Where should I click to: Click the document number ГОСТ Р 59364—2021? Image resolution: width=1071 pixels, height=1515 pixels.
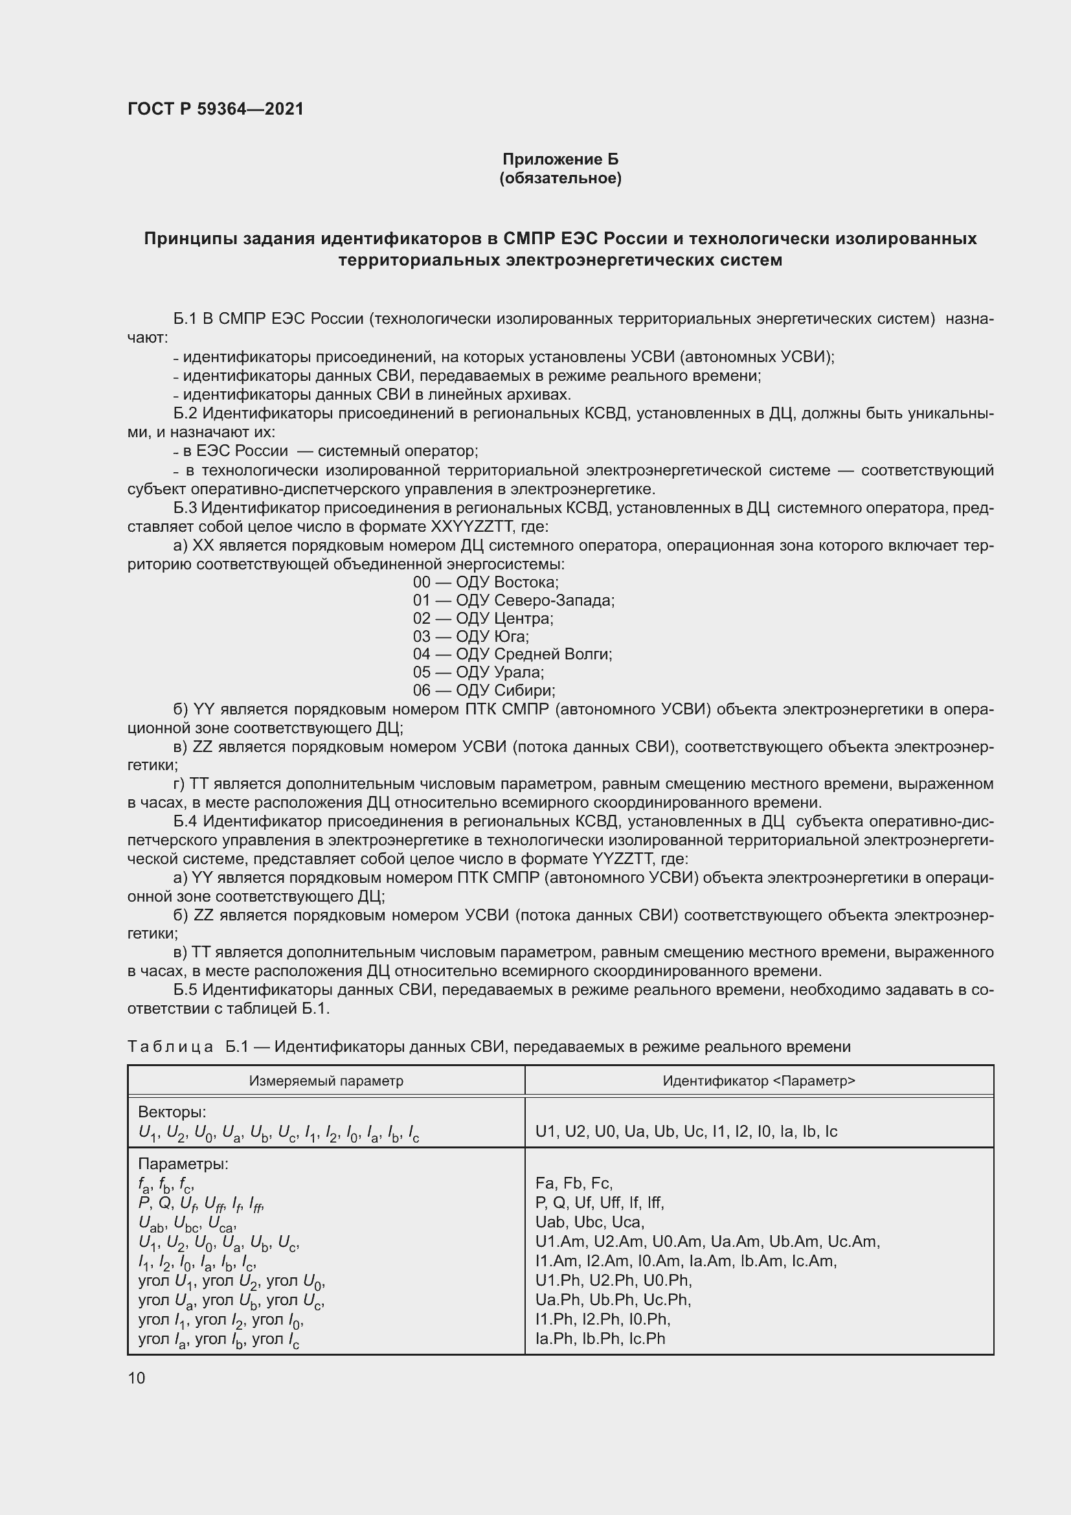[x=215, y=109]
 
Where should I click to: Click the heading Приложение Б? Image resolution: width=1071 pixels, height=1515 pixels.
[x=560, y=159]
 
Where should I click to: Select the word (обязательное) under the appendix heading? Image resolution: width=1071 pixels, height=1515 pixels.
[x=560, y=178]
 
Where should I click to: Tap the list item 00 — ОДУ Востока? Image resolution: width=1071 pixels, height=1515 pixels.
[x=486, y=582]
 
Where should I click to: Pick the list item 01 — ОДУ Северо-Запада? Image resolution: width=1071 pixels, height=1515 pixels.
[x=513, y=600]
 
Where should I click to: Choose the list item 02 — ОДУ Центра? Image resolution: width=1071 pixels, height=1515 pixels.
[x=483, y=619]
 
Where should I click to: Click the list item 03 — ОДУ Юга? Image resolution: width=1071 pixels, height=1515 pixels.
[x=471, y=636]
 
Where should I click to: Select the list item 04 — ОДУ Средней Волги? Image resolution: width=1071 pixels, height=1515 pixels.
[x=512, y=654]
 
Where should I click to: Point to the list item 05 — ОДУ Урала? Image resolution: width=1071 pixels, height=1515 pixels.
[x=478, y=672]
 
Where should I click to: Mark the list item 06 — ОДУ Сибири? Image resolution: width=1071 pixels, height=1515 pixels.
[x=484, y=690]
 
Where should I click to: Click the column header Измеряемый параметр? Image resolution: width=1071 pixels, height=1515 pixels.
[x=326, y=1081]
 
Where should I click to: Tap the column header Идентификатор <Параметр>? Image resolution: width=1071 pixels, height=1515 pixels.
[x=758, y=1081]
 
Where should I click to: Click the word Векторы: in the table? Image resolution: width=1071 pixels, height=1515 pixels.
[x=172, y=1113]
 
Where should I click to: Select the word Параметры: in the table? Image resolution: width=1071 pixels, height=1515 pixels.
[x=183, y=1164]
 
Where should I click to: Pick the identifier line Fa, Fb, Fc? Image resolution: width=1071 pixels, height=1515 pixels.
[x=574, y=1183]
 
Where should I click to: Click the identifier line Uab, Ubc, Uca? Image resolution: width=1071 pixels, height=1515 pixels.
[x=590, y=1222]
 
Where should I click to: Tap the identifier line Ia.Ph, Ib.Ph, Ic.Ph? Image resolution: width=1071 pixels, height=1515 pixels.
[x=600, y=1338]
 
